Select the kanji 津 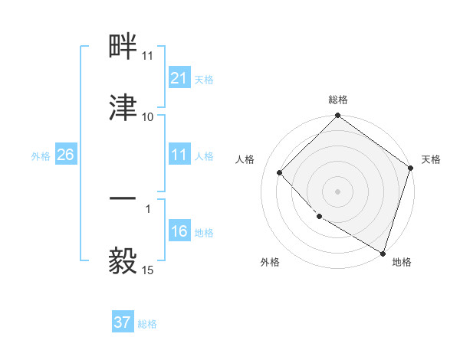(123, 106)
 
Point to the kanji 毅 (123, 260)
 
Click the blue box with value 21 (179, 78)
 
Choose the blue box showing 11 (179, 155)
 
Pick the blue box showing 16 (179, 231)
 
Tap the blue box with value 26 (65, 155)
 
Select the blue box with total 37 (122, 322)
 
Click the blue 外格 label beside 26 (41, 155)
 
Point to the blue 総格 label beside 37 (147, 324)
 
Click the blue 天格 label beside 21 (204, 79)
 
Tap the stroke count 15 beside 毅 (148, 270)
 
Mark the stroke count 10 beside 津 (148, 117)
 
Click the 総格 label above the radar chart (337, 100)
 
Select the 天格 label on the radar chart (431, 159)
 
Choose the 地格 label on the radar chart (402, 262)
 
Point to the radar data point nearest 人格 (280, 172)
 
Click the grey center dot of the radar (337, 191)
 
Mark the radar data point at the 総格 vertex (337, 116)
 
